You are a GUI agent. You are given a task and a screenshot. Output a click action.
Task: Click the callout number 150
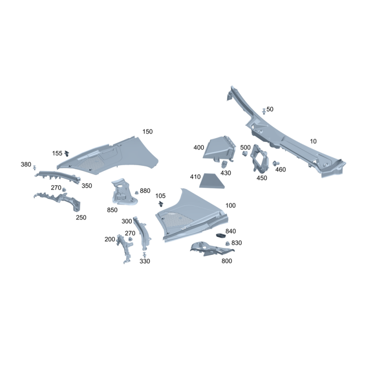(x=147, y=132)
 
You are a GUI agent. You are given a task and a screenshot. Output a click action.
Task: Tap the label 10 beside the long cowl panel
(x=313, y=141)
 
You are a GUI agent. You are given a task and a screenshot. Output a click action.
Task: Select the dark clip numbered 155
(x=67, y=154)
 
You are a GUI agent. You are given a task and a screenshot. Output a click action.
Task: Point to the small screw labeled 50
(x=264, y=111)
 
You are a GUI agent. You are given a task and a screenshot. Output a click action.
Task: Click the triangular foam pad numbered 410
(x=211, y=181)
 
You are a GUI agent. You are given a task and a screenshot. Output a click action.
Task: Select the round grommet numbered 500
(x=245, y=153)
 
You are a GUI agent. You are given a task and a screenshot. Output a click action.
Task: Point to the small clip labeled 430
(x=224, y=164)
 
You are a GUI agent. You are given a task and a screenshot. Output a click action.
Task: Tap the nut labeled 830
(x=227, y=243)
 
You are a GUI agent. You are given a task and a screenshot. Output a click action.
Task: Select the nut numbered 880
(x=137, y=192)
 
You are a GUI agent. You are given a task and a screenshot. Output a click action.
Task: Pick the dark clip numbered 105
(x=161, y=204)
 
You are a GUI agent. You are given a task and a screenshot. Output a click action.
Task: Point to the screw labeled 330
(x=144, y=254)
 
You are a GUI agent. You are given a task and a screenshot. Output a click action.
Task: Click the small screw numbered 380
(x=35, y=167)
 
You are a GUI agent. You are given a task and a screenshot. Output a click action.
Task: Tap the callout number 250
(x=81, y=218)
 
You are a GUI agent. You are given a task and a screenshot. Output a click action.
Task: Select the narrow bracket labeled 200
(x=125, y=249)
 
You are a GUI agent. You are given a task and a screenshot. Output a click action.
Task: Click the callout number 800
(x=226, y=261)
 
